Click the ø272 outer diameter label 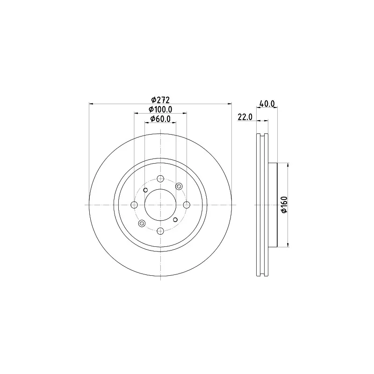[160, 100]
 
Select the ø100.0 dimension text [160, 109]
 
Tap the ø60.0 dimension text [160, 119]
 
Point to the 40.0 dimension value [267, 104]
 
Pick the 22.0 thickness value [245, 117]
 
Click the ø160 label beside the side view [284, 205]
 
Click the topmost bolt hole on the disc [160, 179]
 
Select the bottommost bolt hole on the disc [160, 231]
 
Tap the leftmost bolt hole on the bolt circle [135, 205]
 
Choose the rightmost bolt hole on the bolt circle [187, 205]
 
